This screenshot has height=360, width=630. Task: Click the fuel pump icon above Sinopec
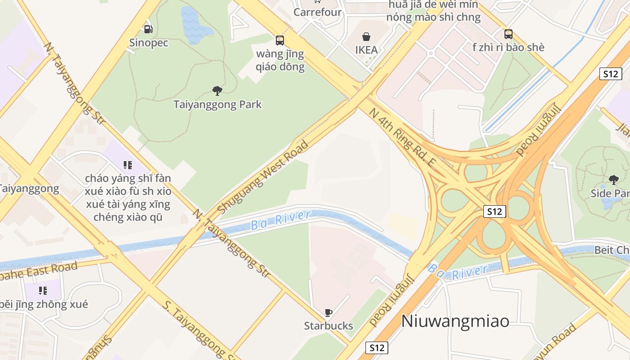pos(148,29)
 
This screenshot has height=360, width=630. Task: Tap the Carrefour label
pos(317,12)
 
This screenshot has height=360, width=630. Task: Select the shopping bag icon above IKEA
pos(366,36)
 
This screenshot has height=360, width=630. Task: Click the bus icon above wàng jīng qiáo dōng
pos(280,40)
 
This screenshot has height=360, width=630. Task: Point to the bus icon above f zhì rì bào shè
pos(508,34)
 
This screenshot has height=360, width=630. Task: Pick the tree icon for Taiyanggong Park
pos(217,91)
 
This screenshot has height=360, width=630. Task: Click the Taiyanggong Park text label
pos(217,105)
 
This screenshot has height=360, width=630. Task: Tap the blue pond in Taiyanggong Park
pos(194,25)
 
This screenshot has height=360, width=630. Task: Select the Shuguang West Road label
pos(263,177)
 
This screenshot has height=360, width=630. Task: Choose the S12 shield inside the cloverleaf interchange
pos(495,211)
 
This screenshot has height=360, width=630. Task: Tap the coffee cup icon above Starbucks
pos(328,312)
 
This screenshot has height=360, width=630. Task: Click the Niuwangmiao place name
pos(455,321)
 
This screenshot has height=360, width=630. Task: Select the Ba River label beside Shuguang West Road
pos(281,220)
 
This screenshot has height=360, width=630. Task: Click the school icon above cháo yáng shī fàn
pos(128,165)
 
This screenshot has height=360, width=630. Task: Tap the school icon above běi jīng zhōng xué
pos(43,291)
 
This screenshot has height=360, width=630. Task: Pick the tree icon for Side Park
pos(613,180)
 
